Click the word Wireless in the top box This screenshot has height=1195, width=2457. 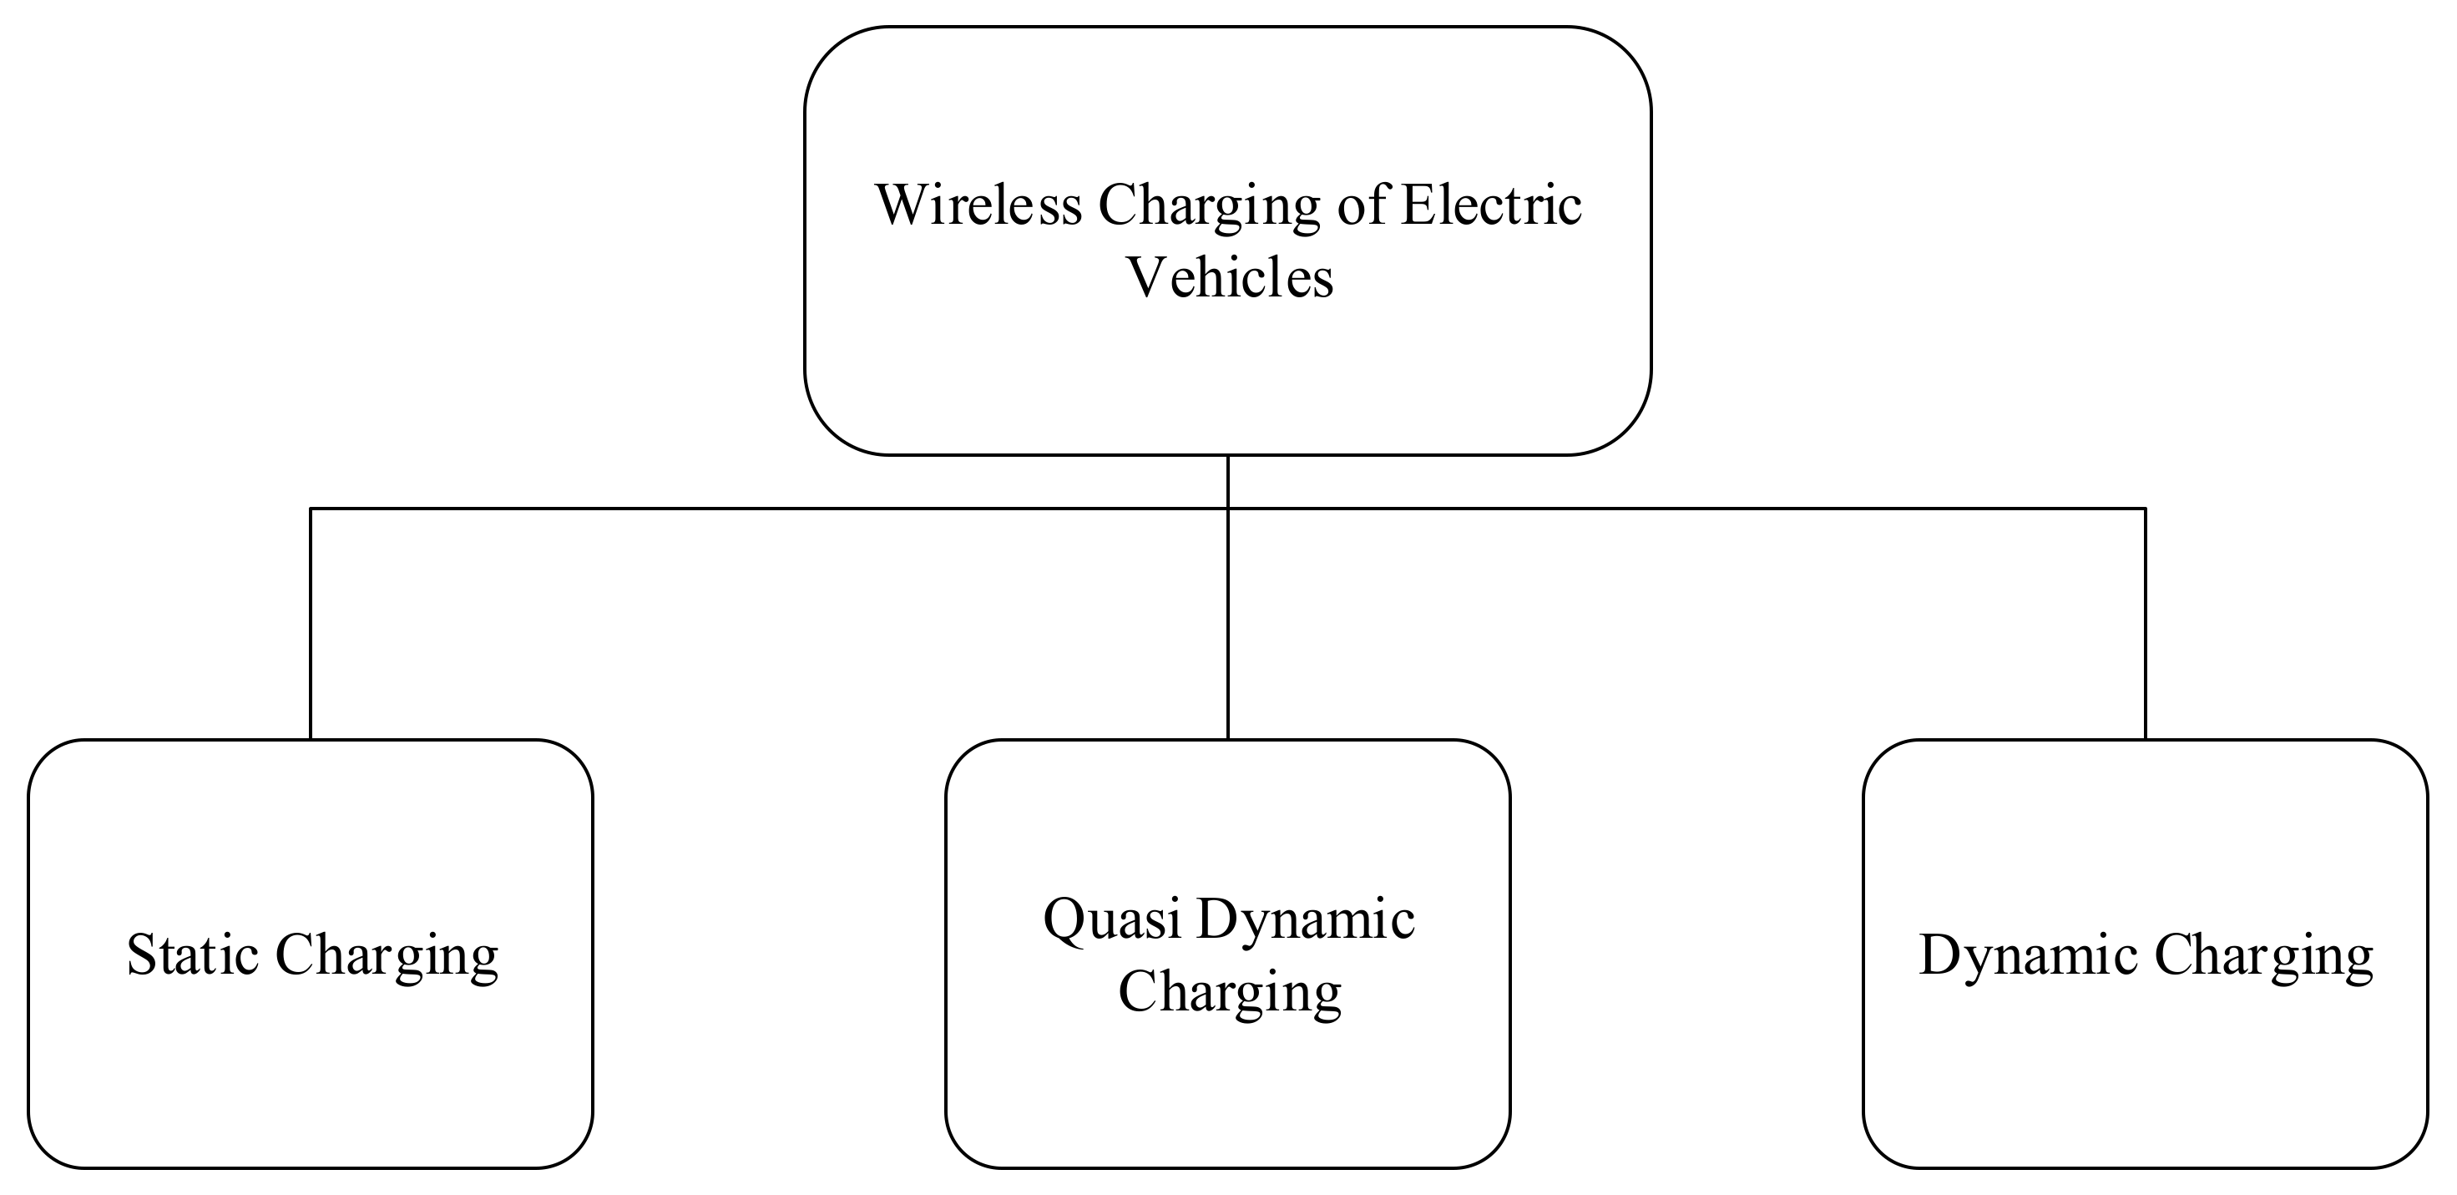(x=978, y=205)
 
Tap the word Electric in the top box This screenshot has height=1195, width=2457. (x=1491, y=205)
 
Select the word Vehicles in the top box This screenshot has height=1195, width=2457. (x=1230, y=278)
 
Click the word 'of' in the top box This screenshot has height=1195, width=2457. (x=1361, y=205)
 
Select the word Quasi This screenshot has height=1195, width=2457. (x=1112, y=920)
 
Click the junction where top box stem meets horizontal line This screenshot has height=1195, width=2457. (x=1227, y=509)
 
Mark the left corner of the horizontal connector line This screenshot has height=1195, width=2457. (x=311, y=509)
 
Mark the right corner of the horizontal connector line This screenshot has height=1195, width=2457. (x=2145, y=509)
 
